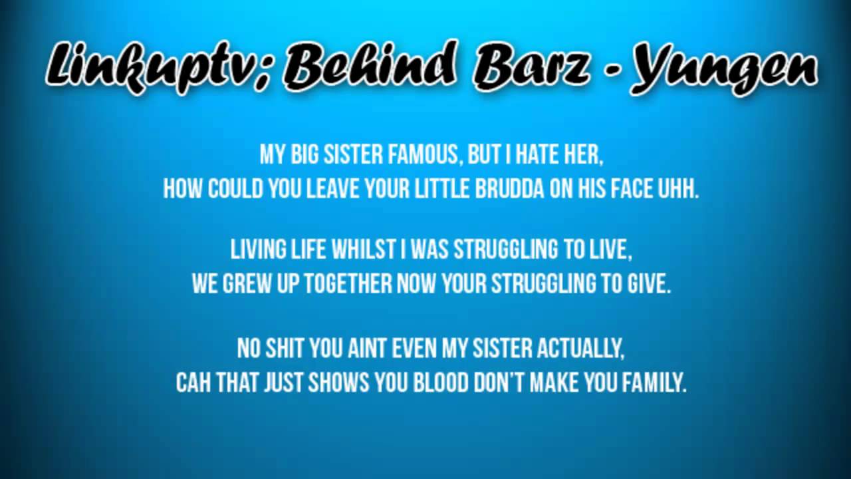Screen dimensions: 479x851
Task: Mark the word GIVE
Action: tap(649, 285)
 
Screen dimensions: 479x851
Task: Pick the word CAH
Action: tap(193, 383)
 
